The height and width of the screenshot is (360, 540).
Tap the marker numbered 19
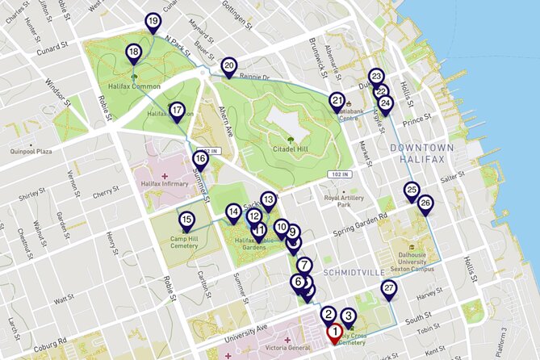pyautogui.click(x=153, y=22)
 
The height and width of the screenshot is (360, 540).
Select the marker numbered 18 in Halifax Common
pyautogui.click(x=133, y=54)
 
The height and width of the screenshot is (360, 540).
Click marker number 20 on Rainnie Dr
pyautogui.click(x=228, y=67)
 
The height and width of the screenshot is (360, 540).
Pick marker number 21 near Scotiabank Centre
pyautogui.click(x=337, y=101)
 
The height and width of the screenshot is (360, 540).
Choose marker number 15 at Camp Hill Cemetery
pyautogui.click(x=186, y=221)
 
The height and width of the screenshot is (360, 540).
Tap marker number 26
pyautogui.click(x=425, y=204)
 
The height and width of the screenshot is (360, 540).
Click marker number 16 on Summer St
pyautogui.click(x=200, y=160)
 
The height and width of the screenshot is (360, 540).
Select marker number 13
pyautogui.click(x=269, y=199)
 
